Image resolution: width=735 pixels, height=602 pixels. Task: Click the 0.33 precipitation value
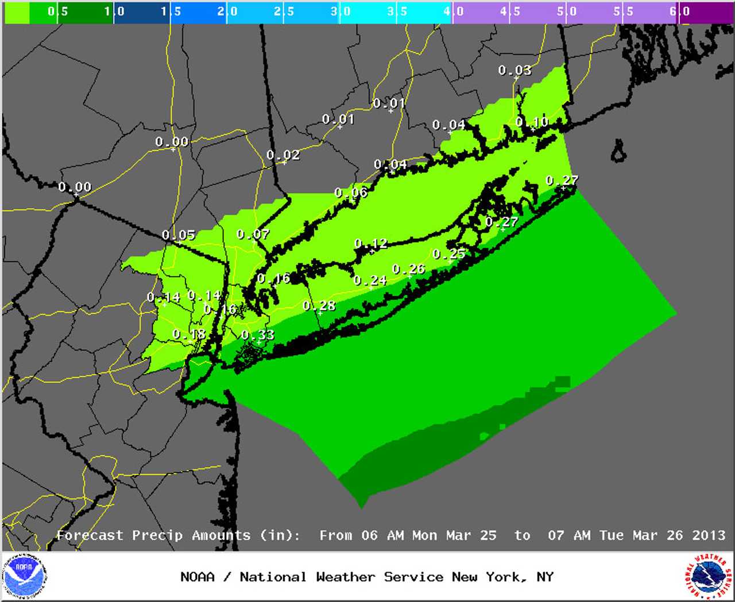point(258,335)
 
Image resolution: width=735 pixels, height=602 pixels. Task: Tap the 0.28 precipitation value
point(319,306)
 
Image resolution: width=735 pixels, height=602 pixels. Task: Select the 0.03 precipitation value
point(514,70)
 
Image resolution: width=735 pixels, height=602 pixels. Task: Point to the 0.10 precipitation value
point(532,122)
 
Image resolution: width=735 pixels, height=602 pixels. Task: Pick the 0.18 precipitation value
point(189,334)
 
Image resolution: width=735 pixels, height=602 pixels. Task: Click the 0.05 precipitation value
point(179,235)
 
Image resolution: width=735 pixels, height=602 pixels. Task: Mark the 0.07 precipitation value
point(253,234)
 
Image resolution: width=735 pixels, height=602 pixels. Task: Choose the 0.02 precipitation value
point(283,155)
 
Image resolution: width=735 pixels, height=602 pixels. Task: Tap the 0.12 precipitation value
point(370,244)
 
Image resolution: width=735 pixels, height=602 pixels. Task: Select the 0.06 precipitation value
point(351,192)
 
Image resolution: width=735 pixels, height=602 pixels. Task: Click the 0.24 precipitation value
point(370,280)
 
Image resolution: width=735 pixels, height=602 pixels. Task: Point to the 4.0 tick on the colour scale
point(454,11)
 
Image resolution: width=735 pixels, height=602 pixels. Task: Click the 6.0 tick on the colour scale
point(679,11)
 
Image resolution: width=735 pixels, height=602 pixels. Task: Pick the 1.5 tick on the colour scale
point(171,11)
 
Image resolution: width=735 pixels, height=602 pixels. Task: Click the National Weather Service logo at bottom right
point(708,576)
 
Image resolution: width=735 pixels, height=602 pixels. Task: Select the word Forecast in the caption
point(90,535)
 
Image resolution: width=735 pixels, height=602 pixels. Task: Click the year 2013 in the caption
point(709,535)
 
